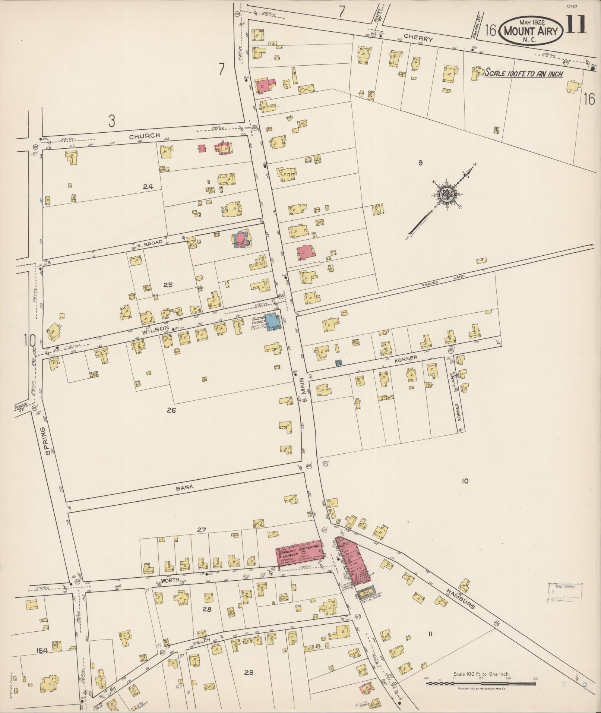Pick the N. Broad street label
pos(149,243)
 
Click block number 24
pos(148,187)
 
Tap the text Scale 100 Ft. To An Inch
pos(523,73)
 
